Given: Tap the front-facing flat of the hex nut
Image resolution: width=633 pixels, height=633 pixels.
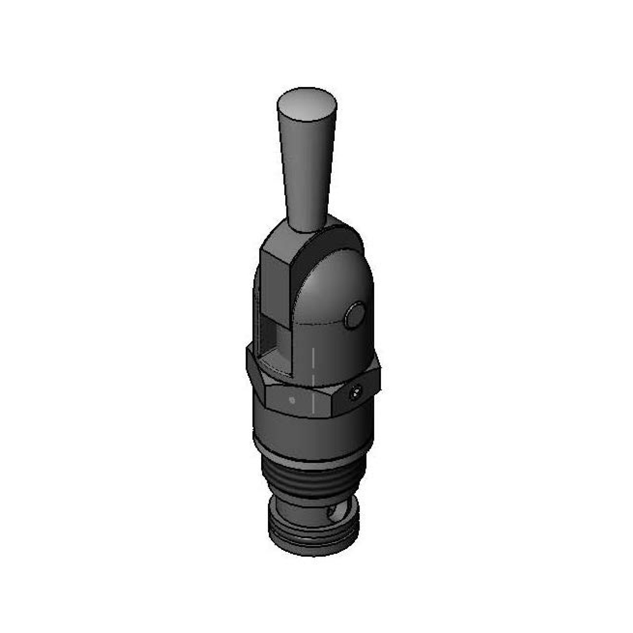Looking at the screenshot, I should tap(300, 401).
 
